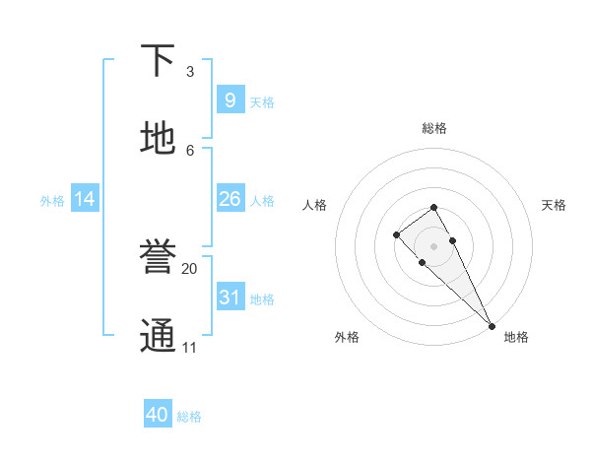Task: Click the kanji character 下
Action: (x=159, y=61)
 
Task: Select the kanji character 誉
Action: (x=159, y=257)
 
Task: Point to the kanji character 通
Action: (x=159, y=336)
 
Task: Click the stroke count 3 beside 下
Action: (x=190, y=72)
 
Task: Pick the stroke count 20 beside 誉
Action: (x=190, y=268)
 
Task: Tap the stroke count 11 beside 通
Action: (x=190, y=347)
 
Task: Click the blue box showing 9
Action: (x=230, y=99)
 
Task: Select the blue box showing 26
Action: (x=230, y=199)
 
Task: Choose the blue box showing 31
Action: (x=230, y=297)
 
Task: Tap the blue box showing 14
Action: (x=85, y=199)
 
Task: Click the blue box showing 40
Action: (x=158, y=415)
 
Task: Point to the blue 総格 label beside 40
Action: (x=189, y=417)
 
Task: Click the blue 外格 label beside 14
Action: (x=52, y=201)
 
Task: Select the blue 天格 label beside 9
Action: (x=262, y=102)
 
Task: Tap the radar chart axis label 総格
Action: (x=434, y=128)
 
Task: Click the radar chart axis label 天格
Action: (x=555, y=205)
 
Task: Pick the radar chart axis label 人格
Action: (x=314, y=205)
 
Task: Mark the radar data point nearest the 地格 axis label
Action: (x=492, y=325)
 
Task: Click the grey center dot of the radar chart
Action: (x=434, y=246)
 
